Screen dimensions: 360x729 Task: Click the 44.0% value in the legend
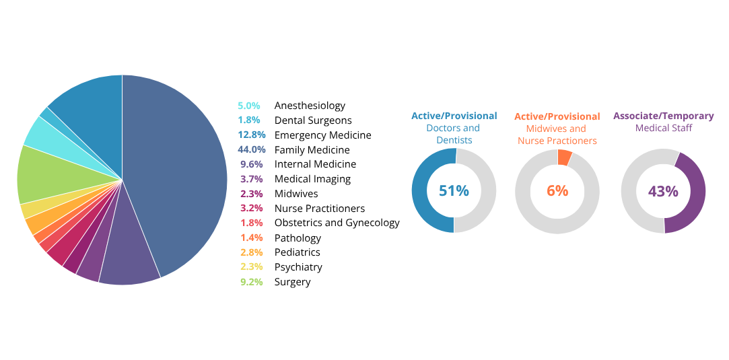pos(252,150)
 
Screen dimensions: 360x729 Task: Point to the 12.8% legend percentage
pos(252,135)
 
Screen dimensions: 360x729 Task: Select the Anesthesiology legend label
pos(310,106)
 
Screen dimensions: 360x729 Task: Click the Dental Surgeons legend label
pos(313,120)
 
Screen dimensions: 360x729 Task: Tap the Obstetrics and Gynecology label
pos(337,223)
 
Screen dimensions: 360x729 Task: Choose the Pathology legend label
pos(298,238)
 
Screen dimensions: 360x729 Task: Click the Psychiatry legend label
pos(298,267)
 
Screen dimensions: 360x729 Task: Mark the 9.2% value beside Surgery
pos(252,282)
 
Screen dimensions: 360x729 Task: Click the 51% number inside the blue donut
pos(454,191)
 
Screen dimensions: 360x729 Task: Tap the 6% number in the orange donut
pos(557,191)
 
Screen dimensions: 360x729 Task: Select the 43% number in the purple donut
pos(663,192)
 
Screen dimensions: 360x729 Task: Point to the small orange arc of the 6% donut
pos(565,157)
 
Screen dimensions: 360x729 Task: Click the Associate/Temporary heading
pos(663,116)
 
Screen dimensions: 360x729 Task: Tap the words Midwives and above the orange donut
pos(556,129)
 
